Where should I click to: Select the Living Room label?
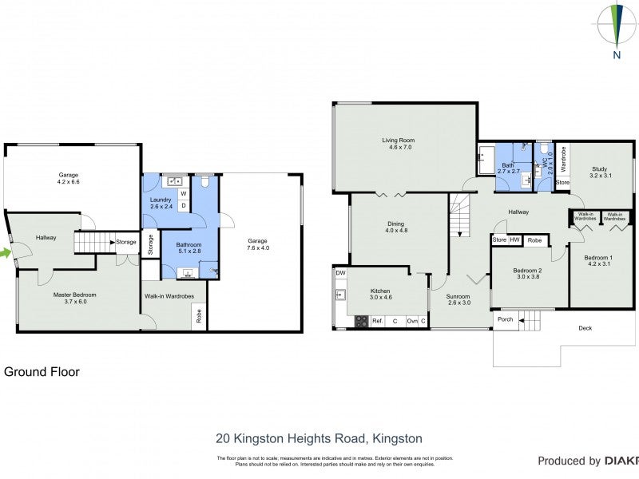[x=398, y=144]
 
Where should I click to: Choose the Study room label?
[x=600, y=172]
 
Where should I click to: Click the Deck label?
[x=585, y=328]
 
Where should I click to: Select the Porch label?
[x=505, y=320]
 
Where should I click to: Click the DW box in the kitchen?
[x=340, y=273]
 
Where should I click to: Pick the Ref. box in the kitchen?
[x=377, y=321]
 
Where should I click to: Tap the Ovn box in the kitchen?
[x=411, y=321]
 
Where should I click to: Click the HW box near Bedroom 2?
[x=516, y=240]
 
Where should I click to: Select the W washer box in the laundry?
[x=183, y=193]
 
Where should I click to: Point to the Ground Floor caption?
[x=42, y=372]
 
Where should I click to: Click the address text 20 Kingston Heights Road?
[x=319, y=438]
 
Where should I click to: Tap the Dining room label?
[x=395, y=228]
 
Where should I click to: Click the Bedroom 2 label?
[x=527, y=274]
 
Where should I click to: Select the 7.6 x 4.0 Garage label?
[x=257, y=244]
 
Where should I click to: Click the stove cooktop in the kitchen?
[x=361, y=322]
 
